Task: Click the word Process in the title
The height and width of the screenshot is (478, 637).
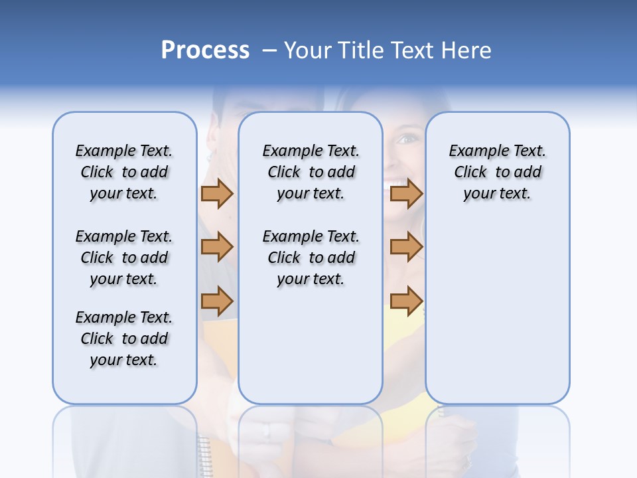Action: coord(205,50)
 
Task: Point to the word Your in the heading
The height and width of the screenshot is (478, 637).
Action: coord(308,50)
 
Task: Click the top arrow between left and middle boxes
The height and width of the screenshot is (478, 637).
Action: coord(217,194)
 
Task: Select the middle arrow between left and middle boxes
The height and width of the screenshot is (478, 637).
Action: coord(217,247)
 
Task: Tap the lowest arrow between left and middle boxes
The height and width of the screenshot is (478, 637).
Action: coord(217,301)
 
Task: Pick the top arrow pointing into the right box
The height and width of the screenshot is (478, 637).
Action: coord(406,194)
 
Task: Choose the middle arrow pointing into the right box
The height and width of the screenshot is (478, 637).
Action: coord(406,247)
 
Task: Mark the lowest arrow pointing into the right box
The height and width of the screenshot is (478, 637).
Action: coord(406,301)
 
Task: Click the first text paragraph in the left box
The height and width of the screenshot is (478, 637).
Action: coord(124,172)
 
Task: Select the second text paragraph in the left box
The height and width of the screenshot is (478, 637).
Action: coord(124,258)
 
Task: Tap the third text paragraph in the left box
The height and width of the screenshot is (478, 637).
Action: coord(124,339)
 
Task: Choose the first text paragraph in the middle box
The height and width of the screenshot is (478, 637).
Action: coord(311,172)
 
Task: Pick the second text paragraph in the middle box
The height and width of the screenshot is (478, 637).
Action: coord(311,258)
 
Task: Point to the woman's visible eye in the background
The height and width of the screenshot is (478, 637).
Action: coord(407,139)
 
